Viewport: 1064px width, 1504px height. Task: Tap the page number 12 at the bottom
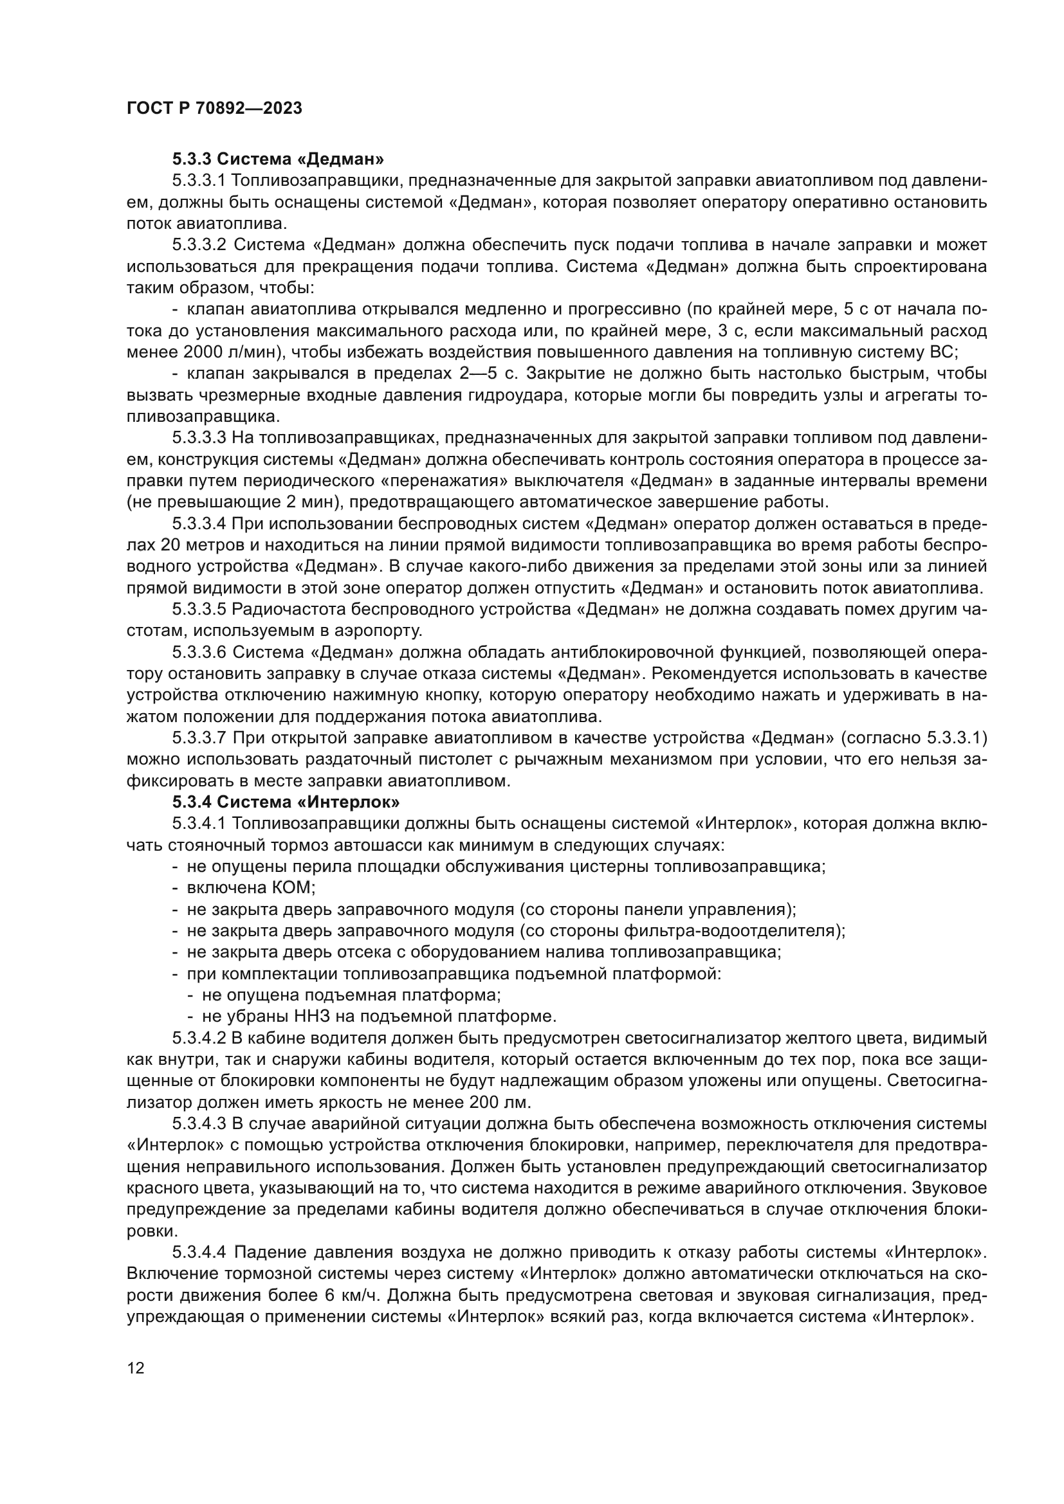pyautogui.click(x=135, y=1368)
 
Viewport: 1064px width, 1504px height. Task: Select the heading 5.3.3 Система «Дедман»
pyautogui.click(x=279, y=159)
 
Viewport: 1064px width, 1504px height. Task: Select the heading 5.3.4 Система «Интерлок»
pyautogui.click(x=286, y=802)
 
